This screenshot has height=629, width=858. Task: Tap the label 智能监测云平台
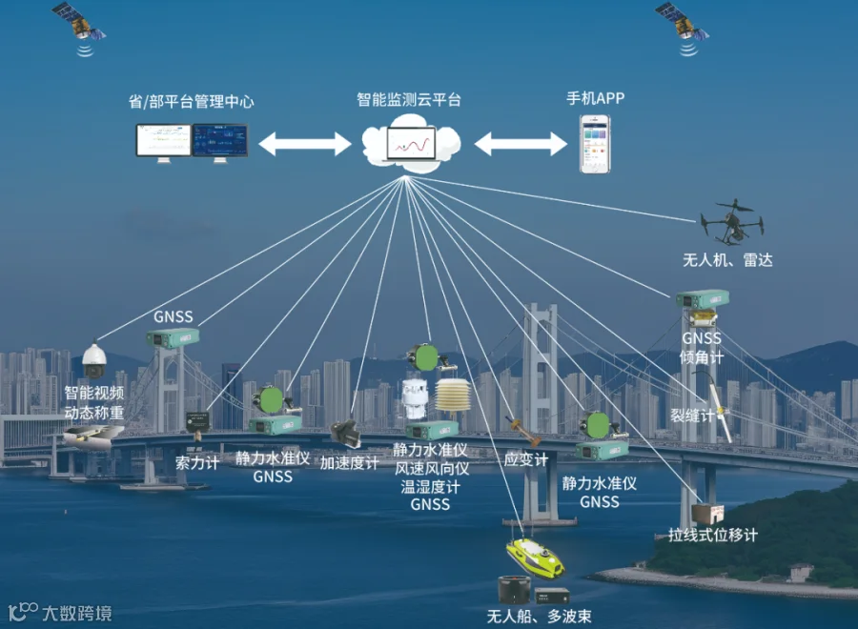[x=408, y=99]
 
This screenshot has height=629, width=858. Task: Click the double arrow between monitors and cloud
[x=305, y=144]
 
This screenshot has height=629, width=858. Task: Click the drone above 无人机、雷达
[x=731, y=222]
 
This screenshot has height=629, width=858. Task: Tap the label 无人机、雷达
[x=727, y=259]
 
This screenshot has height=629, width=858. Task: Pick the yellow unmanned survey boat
[x=534, y=557]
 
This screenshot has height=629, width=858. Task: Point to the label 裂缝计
[x=692, y=416]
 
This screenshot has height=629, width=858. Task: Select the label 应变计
[x=525, y=460]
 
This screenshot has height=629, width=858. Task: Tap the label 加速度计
[x=349, y=463]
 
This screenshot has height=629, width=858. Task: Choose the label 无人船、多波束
[x=539, y=616]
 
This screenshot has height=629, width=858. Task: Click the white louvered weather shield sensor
[x=452, y=398]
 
